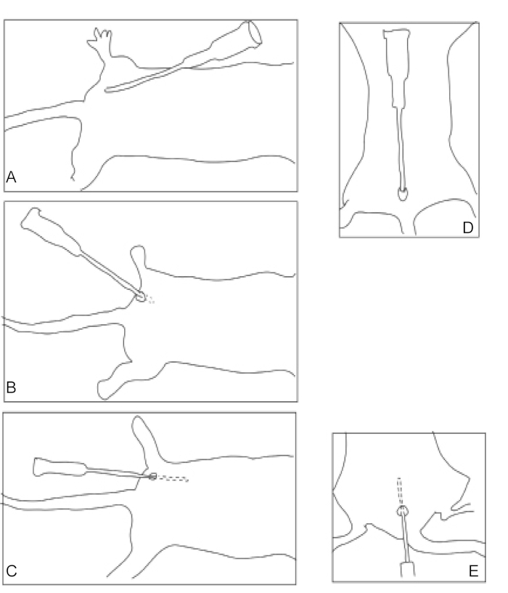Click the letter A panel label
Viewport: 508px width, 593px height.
11,177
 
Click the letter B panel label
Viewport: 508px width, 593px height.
11,387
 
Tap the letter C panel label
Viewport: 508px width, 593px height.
12,570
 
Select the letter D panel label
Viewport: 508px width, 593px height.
467,227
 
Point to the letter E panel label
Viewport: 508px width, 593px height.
473,570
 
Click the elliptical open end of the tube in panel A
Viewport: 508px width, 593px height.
255,33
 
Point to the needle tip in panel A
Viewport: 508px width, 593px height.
106,90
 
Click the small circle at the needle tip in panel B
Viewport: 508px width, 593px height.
141,297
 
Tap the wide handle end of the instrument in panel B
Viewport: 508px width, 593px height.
49,230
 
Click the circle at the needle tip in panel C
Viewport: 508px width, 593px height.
152,477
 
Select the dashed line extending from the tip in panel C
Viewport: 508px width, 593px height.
172,478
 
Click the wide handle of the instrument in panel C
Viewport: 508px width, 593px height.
60,467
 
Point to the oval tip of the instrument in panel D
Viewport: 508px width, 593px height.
403,193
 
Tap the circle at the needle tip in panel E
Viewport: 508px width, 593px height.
403,512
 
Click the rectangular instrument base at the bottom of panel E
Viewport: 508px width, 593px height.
408,570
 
